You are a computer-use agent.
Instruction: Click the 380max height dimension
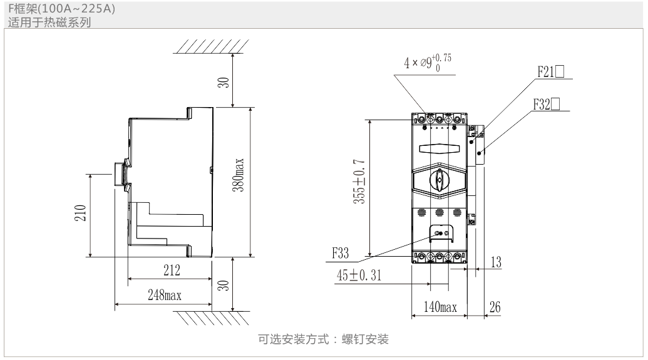[x=240, y=182]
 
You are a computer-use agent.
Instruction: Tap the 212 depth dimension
[x=172, y=270]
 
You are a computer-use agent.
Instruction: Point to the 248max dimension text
[x=165, y=296]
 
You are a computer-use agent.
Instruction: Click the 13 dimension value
[x=495, y=262]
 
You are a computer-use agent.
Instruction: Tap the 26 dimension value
[x=494, y=307]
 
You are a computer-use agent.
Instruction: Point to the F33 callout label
[x=342, y=254]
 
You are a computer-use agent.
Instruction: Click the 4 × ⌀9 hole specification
[x=428, y=62]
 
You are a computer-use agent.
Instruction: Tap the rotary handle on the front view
[x=439, y=180]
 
